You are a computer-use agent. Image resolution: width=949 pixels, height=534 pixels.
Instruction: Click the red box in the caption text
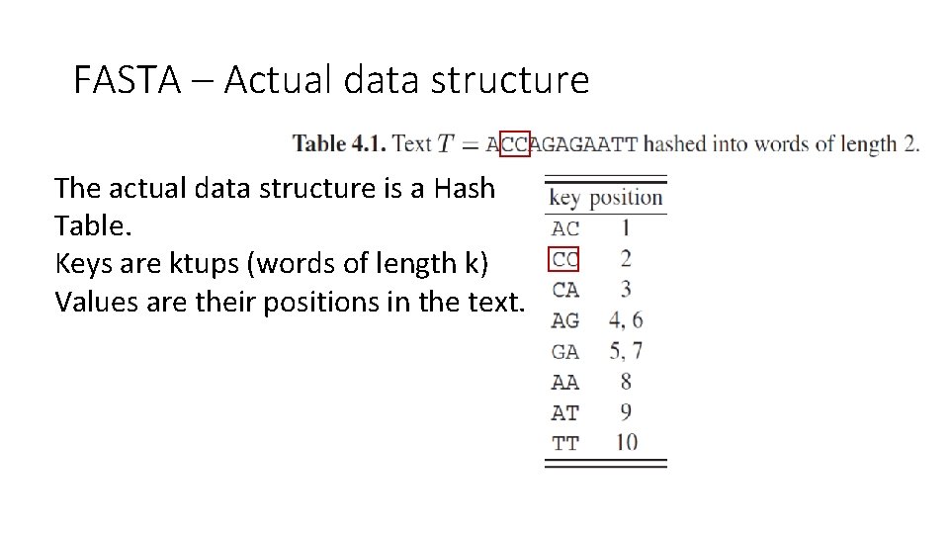(x=516, y=143)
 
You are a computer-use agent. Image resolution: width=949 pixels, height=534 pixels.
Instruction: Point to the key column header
(x=563, y=198)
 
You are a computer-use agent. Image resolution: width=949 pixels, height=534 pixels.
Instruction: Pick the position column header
(x=626, y=198)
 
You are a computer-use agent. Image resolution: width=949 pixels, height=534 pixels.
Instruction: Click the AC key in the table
(x=564, y=228)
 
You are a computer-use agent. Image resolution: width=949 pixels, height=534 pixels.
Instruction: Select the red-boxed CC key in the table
(x=563, y=259)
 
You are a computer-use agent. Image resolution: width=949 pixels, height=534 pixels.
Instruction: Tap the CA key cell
(x=564, y=290)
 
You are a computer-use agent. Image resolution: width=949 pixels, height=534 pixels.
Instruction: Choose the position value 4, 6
(x=626, y=320)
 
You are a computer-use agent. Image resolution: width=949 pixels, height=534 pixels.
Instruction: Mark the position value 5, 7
(x=626, y=351)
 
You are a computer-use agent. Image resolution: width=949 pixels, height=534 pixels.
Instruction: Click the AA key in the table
(x=564, y=382)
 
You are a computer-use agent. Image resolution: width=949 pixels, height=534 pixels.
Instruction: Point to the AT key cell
(x=564, y=412)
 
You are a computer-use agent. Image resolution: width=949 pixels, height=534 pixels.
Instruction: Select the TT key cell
(x=564, y=443)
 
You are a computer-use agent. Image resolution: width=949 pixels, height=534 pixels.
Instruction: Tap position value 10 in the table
(x=626, y=442)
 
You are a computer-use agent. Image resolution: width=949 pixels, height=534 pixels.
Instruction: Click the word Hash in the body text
(x=464, y=188)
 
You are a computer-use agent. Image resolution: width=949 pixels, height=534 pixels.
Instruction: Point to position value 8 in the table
(x=625, y=381)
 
